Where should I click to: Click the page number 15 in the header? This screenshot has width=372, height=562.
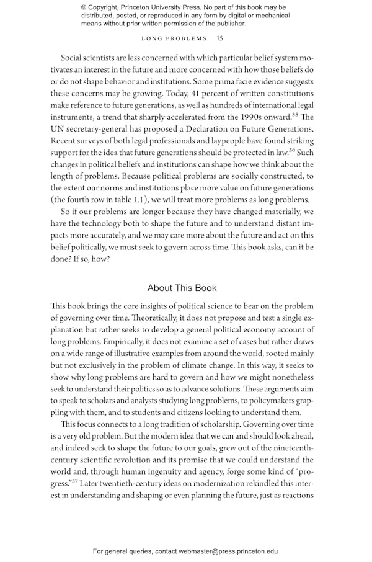pyautogui.click(x=220, y=38)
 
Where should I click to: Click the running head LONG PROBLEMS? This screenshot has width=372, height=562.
pyautogui.click(x=174, y=38)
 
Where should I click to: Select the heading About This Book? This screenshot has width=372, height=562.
pyautogui.click(x=182, y=288)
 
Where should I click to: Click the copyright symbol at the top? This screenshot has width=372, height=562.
pyautogui.click(x=84, y=7)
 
